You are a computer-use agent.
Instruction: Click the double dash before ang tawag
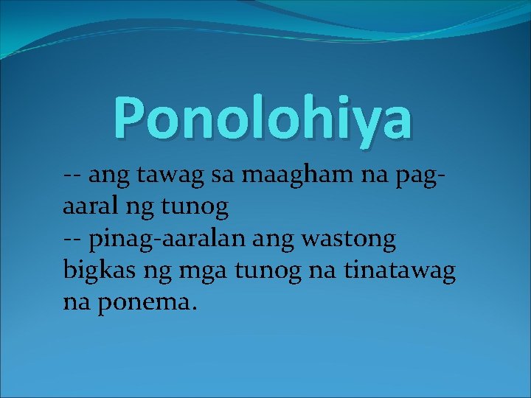(72, 177)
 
